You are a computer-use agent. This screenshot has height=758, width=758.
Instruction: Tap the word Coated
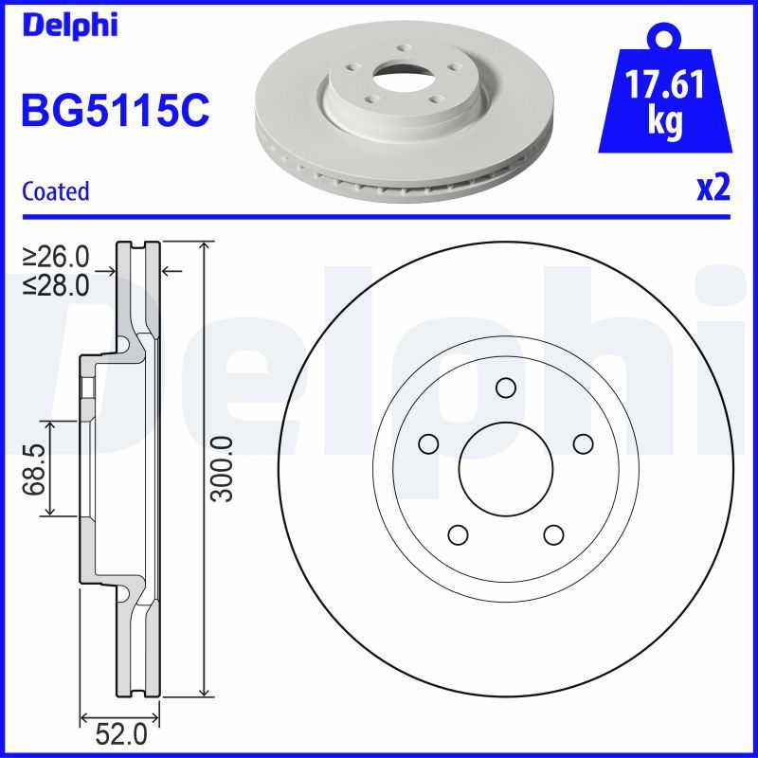point(55,191)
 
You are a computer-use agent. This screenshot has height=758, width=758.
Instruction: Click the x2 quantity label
point(713,189)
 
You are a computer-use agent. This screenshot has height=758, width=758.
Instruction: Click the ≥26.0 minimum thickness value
point(57,256)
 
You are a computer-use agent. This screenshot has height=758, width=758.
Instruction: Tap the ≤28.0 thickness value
point(57,283)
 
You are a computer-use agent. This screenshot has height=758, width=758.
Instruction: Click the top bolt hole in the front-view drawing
point(505,387)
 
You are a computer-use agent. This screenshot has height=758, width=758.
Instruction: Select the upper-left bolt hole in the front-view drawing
point(428,442)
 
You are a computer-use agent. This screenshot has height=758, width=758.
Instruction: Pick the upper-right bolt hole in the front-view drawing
point(582,442)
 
